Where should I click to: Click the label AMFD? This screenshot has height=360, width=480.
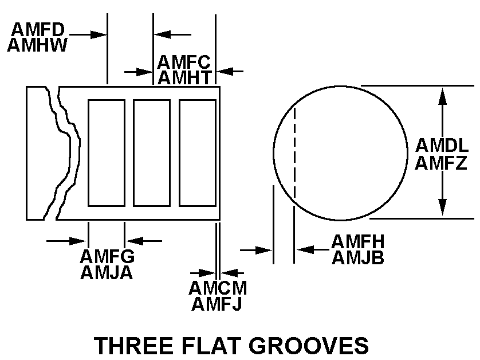[37, 28]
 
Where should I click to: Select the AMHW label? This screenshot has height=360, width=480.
[38, 45]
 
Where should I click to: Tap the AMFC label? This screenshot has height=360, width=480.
[184, 61]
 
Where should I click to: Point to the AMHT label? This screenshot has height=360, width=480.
[184, 77]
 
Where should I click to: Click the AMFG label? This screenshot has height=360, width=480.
[107, 256]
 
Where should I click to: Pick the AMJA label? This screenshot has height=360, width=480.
[107, 273]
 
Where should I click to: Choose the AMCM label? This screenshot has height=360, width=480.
[218, 287]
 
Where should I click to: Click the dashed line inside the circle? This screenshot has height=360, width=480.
[294, 152]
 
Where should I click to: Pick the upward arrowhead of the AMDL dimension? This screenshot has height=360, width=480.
[442, 95]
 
